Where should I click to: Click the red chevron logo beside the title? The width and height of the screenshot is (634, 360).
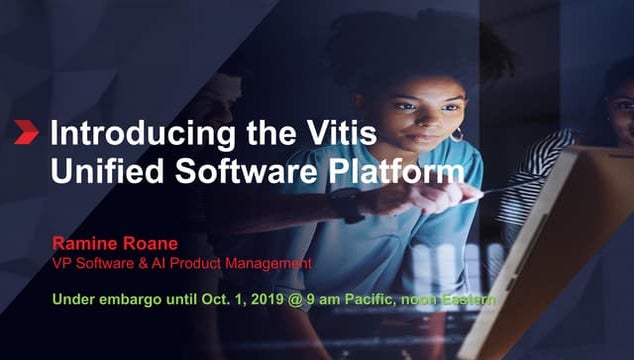point(26,132)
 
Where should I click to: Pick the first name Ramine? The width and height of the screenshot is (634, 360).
point(85,244)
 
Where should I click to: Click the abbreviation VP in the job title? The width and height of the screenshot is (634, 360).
point(62,263)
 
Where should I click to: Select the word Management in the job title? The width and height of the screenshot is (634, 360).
point(269,263)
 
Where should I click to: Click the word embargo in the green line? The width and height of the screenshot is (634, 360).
point(126,298)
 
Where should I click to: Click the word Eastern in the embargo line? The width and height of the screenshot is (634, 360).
point(467,298)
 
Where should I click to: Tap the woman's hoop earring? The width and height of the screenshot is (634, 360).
point(457,134)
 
